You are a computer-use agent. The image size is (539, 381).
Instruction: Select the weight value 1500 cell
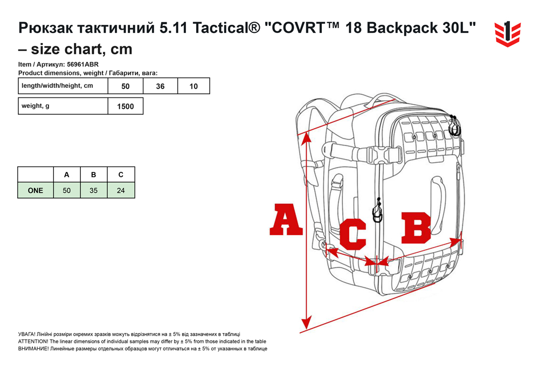(126, 106)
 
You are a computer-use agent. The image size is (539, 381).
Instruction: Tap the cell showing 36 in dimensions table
(160, 86)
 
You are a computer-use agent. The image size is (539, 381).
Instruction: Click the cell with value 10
(194, 86)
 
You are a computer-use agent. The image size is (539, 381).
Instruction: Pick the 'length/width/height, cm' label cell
(63, 86)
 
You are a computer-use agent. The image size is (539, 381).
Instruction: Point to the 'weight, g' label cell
(63, 106)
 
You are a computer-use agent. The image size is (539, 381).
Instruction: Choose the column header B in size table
(93, 175)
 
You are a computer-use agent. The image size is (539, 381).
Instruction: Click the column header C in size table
(121, 175)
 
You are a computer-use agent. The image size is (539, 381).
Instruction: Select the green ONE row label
(36, 190)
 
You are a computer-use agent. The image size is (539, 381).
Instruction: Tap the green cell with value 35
(93, 190)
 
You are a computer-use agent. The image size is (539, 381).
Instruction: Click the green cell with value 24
(121, 190)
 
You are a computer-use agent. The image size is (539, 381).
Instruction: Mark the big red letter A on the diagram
(286, 219)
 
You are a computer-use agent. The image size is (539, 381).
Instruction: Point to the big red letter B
(416, 228)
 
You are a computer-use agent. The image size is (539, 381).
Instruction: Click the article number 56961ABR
(83, 64)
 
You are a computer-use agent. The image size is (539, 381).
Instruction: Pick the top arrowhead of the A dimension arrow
(306, 137)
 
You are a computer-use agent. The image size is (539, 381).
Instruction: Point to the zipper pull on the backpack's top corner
(454, 126)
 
